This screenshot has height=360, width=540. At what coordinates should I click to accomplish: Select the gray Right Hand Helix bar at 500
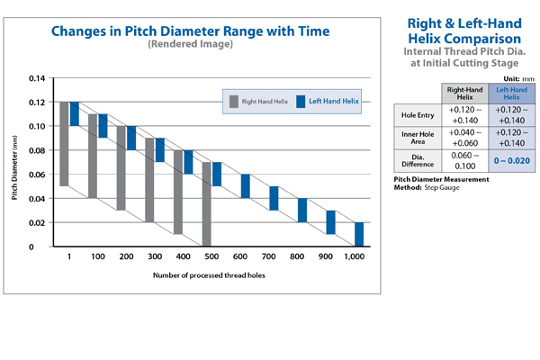coord(207,204)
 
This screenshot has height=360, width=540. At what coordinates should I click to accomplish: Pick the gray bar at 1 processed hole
coord(64,144)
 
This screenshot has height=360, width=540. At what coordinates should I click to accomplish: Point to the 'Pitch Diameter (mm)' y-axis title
coord(15,163)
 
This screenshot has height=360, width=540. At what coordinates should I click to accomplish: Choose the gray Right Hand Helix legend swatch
coord(232,100)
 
